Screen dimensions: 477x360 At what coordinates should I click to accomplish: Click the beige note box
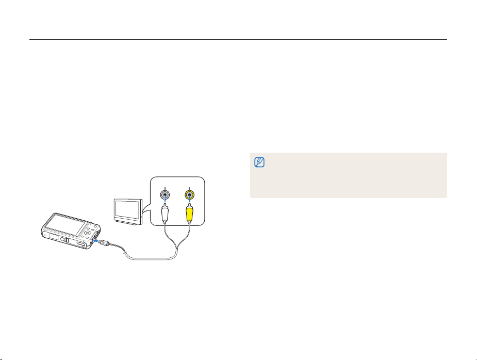click(348, 175)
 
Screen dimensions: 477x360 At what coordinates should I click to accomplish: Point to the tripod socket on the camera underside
click(64, 240)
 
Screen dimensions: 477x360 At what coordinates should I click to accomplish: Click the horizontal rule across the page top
click(238, 39)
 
